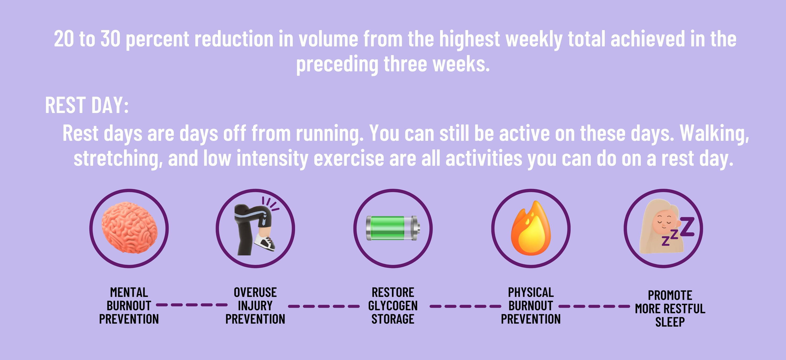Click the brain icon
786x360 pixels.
(129, 228)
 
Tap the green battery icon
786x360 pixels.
(393, 228)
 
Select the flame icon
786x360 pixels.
(531, 228)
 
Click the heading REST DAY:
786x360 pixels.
(87, 105)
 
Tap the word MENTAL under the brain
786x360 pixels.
(129, 292)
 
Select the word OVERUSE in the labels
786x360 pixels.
(255, 292)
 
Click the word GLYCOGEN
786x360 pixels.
(393, 306)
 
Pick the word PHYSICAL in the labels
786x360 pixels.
(531, 292)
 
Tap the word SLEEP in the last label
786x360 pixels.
(670, 322)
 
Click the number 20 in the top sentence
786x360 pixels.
(64, 39)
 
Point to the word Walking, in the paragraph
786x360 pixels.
(714, 133)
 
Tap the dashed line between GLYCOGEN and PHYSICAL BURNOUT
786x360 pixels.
(465, 306)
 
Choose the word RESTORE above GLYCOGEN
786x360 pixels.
(393, 292)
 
